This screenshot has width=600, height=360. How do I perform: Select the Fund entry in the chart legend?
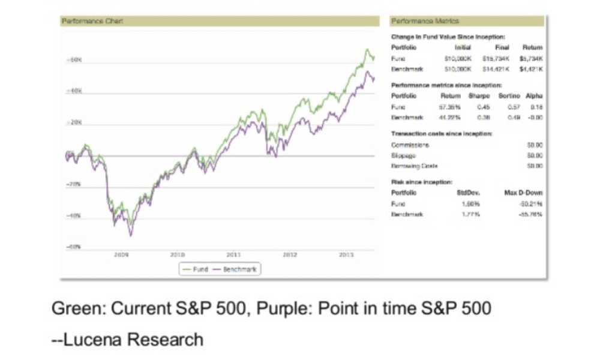point(199,269)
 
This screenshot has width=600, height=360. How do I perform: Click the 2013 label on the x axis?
point(346,254)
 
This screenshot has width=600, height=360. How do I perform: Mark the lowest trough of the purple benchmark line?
point(131,235)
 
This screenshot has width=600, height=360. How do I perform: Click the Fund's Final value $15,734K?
point(496,59)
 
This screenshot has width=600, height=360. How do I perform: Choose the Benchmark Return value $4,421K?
point(532,69)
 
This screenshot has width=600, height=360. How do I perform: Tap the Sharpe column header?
point(481,95)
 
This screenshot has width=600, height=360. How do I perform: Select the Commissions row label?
point(410,145)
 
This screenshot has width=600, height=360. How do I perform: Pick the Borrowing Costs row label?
point(415,165)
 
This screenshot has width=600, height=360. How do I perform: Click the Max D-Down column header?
point(526,193)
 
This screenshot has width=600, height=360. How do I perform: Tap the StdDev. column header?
point(469,193)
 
